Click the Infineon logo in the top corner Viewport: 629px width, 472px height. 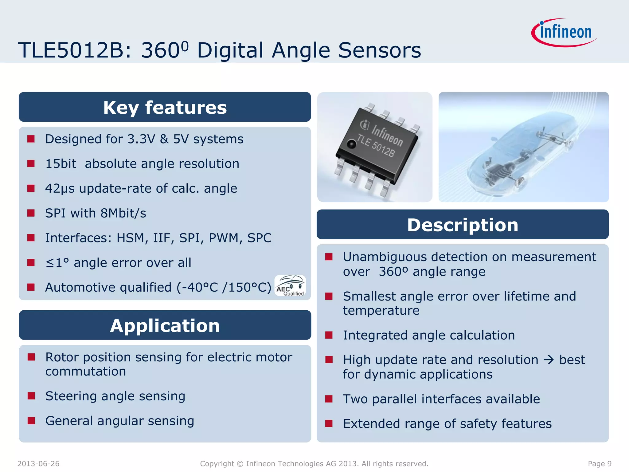565,33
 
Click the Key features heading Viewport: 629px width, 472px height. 165,108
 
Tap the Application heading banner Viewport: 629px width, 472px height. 165,325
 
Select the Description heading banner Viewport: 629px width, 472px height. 463,225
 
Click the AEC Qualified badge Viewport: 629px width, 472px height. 290,286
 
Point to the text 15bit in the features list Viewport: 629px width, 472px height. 61,164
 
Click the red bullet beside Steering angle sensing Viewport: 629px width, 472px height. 31,396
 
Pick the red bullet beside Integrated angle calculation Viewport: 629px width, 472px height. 329,335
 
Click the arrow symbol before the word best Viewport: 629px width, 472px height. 549,360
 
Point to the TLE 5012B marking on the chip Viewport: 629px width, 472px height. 375,146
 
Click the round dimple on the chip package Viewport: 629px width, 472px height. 351,144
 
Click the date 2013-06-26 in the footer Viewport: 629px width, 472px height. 38,464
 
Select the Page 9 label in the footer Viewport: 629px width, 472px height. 600,464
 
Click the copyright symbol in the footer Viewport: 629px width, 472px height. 240,464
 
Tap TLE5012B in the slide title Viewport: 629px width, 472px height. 71,50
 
